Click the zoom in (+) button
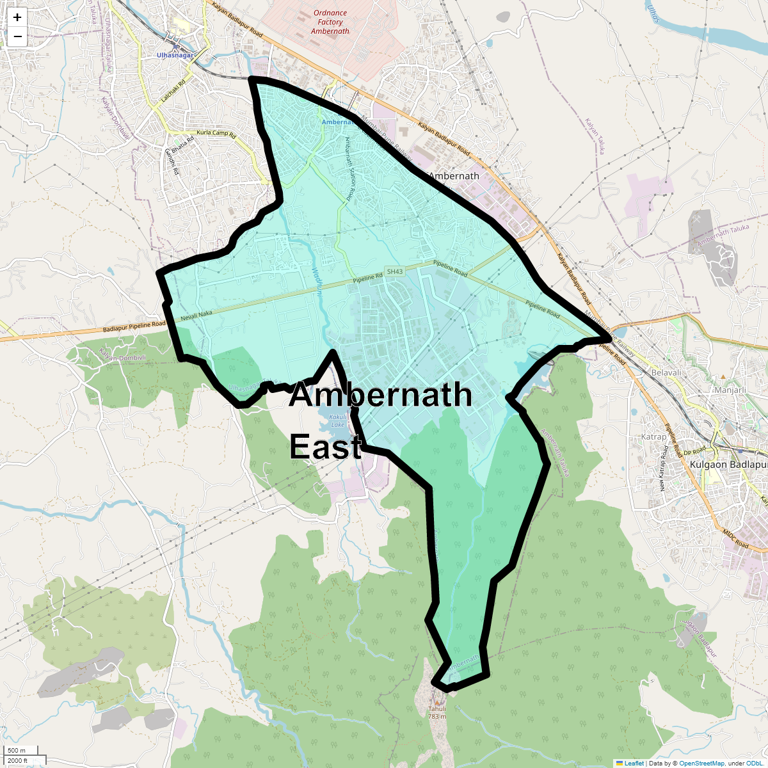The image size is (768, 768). pos(17,17)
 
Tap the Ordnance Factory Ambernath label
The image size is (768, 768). pos(330,22)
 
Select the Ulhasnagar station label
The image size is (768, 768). pos(175,56)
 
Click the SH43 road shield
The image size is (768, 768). pos(394,271)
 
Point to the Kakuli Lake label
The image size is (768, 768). pos(337,420)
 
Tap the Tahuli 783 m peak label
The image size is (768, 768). pos(437,712)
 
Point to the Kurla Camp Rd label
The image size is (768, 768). pos(216,134)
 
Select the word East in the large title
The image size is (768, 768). pos(326,446)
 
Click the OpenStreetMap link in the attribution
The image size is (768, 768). pos(701,763)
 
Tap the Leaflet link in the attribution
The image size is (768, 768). pos(634,763)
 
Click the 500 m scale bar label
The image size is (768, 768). pos(17,750)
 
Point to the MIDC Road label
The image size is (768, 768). pos(735,538)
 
